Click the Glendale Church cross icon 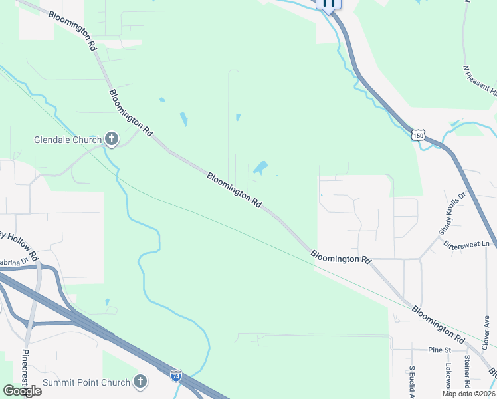point(112,140)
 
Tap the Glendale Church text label point(68,140)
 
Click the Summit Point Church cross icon point(140,382)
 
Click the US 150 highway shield point(417,135)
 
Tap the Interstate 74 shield point(175,375)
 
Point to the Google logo point(22,391)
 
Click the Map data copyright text point(469,394)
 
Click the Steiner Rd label point(468,371)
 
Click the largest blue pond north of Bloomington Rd point(260,167)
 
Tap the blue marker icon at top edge point(328,3)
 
